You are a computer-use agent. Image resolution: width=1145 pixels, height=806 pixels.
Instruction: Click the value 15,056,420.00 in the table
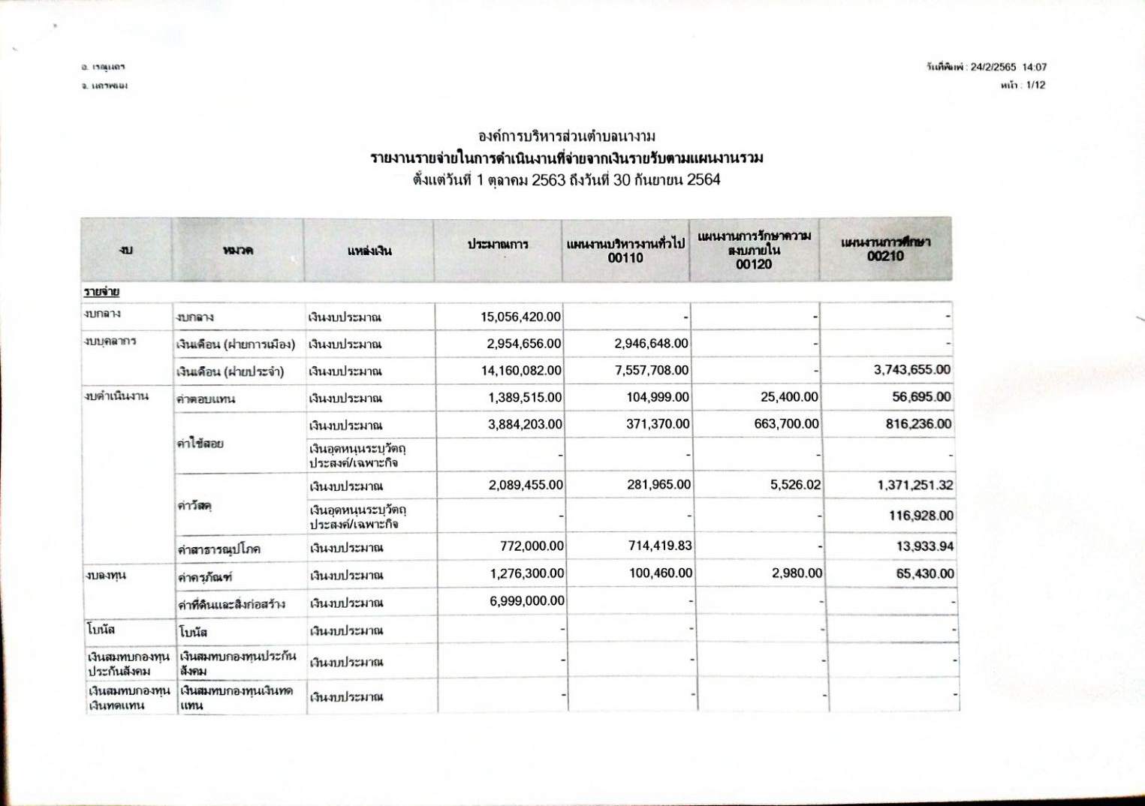tap(520, 317)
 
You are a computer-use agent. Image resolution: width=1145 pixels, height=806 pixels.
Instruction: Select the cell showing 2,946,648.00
tap(651, 344)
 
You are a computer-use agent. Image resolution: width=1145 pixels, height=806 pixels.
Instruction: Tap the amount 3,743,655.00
tap(911, 369)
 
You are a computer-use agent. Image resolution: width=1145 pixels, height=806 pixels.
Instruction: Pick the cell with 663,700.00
tap(786, 424)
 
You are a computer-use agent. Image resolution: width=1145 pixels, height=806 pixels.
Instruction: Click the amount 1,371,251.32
tap(914, 486)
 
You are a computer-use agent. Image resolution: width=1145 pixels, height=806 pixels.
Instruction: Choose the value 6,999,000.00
tap(526, 600)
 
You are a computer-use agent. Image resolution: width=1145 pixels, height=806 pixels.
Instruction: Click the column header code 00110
tap(625, 258)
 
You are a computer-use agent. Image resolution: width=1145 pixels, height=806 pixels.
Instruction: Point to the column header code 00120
tap(754, 264)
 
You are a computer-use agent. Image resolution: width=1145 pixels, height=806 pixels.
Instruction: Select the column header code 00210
tap(885, 256)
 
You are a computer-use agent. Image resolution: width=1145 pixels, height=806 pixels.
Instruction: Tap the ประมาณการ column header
tap(498, 245)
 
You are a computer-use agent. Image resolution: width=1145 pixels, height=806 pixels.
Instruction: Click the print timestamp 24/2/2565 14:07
tap(1008, 68)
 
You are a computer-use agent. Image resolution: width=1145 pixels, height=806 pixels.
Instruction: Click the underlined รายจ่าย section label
tap(102, 291)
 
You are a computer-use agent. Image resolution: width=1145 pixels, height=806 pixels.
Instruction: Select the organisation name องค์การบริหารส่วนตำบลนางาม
tap(567, 136)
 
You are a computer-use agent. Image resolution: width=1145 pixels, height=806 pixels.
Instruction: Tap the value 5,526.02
tap(795, 486)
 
